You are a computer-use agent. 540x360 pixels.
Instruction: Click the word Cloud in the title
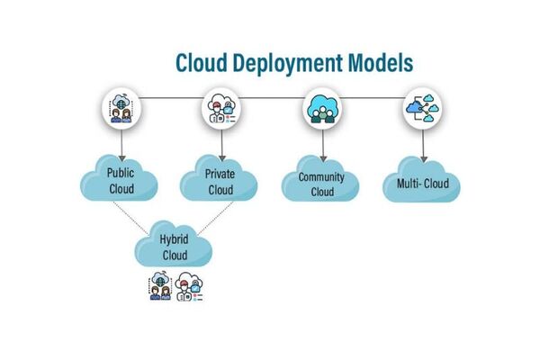coord(202,62)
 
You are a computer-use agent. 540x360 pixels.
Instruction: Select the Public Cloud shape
coord(121,180)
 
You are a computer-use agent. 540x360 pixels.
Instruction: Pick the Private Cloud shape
coord(219,180)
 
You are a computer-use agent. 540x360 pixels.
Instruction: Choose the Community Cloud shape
coord(321,184)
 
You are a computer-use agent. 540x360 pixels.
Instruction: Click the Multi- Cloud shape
coord(422,184)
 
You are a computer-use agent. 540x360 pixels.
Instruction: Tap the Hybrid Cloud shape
coord(173,247)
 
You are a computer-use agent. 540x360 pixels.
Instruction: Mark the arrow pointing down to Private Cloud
coord(220,144)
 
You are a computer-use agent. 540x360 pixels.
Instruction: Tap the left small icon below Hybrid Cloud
coord(159,287)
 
